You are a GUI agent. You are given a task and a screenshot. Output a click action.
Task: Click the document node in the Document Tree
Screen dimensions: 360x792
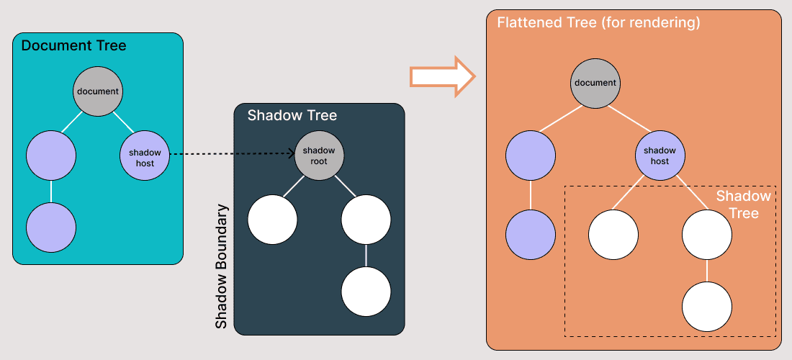pos(97,91)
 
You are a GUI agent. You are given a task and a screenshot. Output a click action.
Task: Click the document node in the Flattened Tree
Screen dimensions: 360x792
pos(595,83)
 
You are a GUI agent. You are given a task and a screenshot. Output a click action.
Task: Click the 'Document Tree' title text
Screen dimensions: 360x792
pos(73,46)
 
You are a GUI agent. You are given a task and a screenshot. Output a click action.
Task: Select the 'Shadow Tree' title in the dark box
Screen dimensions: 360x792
pos(292,115)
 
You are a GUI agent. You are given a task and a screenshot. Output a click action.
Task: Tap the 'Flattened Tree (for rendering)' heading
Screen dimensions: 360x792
pos(598,23)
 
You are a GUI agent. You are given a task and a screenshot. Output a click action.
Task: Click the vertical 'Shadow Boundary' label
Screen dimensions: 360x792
pos(222,266)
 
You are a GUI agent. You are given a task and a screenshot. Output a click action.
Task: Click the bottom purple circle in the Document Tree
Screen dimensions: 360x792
pos(51,227)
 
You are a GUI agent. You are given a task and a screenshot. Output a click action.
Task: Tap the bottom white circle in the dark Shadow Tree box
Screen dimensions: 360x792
pos(366,292)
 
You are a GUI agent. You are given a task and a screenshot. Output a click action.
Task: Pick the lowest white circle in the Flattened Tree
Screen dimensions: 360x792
pos(707,306)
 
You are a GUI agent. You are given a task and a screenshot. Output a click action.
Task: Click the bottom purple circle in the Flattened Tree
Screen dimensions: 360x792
pos(531,235)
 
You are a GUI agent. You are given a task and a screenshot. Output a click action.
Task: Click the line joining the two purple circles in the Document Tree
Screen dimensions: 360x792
pos(51,192)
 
